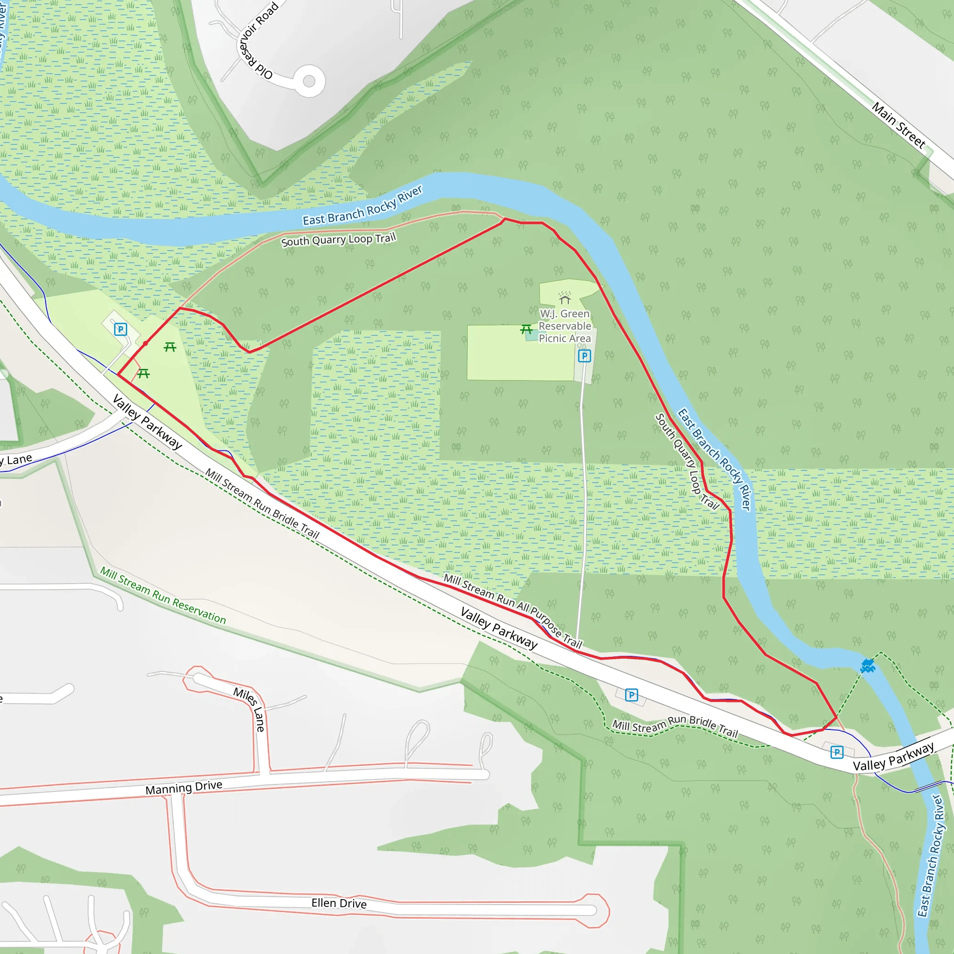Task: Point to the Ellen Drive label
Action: coord(339,903)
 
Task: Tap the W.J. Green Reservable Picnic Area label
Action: coord(565,326)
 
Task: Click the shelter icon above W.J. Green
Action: coord(565,298)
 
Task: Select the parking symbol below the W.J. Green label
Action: coord(584,356)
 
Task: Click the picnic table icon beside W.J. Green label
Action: coord(526,329)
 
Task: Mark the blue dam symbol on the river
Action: coord(867,666)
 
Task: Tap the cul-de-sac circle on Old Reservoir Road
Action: coord(309,81)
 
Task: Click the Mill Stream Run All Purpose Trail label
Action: coord(512,611)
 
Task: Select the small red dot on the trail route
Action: coord(145,343)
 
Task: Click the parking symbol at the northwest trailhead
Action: coord(121,329)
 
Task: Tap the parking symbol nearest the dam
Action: coord(837,752)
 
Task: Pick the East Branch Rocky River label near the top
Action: coord(362,206)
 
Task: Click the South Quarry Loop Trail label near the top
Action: coord(338,240)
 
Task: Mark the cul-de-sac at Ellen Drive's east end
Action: coord(595,911)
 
